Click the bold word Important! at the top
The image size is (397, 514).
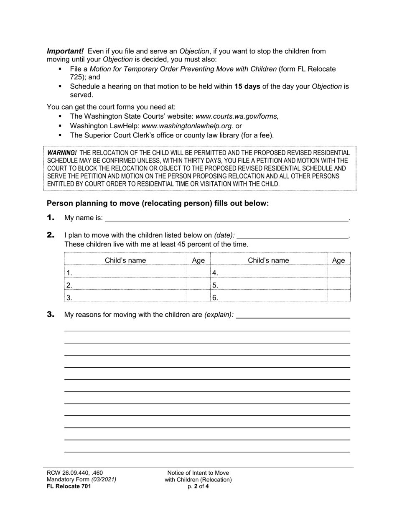pos(65,51)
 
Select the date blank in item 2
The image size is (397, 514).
pos(292,235)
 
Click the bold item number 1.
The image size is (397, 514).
pos(51,217)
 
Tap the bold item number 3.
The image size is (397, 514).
pos(51,315)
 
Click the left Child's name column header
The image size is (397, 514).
pos(125,260)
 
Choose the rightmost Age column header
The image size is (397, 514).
pos(338,260)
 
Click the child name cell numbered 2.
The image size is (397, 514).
pos(125,285)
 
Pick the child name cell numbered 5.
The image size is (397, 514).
pos(268,285)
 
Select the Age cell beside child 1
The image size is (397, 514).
pos(198,272)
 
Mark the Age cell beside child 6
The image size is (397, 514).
pos(338,297)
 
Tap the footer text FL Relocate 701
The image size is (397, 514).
pos(69,486)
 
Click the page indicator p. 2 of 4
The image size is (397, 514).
pos(198,486)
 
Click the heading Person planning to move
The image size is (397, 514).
pos(158,204)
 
